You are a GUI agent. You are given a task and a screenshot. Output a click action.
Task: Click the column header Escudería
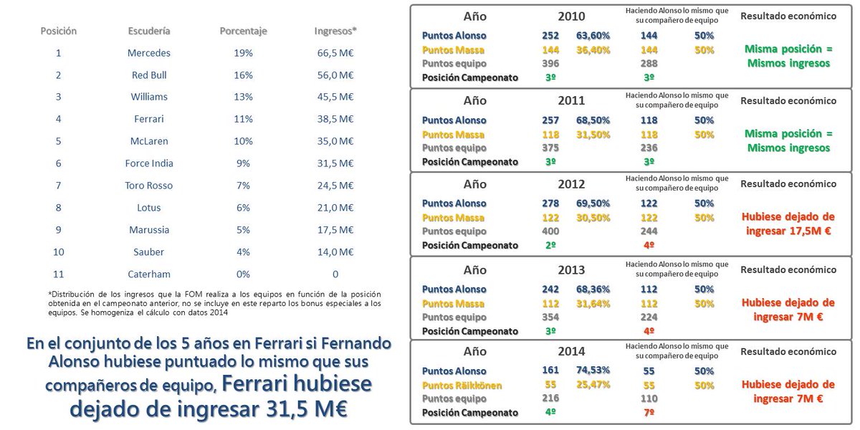pos(149,31)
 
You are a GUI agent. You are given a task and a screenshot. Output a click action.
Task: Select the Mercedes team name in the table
pos(149,52)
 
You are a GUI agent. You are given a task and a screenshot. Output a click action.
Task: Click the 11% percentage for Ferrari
pos(244,118)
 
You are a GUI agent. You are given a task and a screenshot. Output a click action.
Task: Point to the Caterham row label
pos(149,274)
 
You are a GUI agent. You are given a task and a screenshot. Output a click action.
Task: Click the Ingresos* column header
pos(335,31)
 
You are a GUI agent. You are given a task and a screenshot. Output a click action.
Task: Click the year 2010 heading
pos(571,16)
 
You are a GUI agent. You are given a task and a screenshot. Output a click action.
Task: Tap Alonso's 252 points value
pos(550,35)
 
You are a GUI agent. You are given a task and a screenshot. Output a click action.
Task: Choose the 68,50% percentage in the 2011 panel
pos(593,120)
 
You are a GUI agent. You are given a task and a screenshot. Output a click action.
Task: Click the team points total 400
pos(550,231)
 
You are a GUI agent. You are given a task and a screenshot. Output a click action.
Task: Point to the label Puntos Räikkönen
pos(462,386)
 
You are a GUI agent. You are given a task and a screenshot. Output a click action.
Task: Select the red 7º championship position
pos(649,414)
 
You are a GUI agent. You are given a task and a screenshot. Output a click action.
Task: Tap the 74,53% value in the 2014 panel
pos(593,371)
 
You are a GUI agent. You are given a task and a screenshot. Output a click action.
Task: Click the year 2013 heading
pos(571,270)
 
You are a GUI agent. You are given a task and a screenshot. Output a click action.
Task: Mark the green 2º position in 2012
pos(550,246)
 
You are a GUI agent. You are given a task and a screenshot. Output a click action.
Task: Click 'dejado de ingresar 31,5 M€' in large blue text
pos(209,409)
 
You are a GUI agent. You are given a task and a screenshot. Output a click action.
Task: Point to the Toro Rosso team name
pos(149,185)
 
